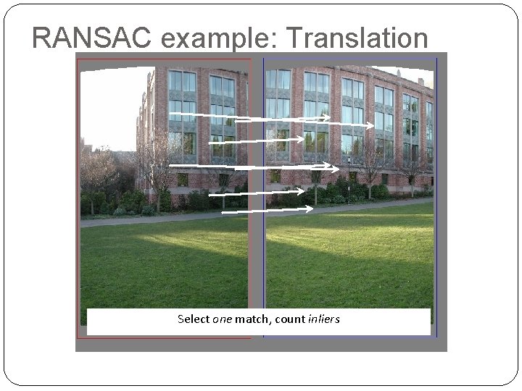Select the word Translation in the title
tap(359, 37)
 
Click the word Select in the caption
tap(194, 319)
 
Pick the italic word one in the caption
tap(222, 319)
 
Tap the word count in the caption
tap(289, 319)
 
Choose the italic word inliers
tap(323, 319)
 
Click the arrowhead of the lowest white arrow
tap(310, 209)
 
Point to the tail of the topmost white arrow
tap(171, 114)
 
